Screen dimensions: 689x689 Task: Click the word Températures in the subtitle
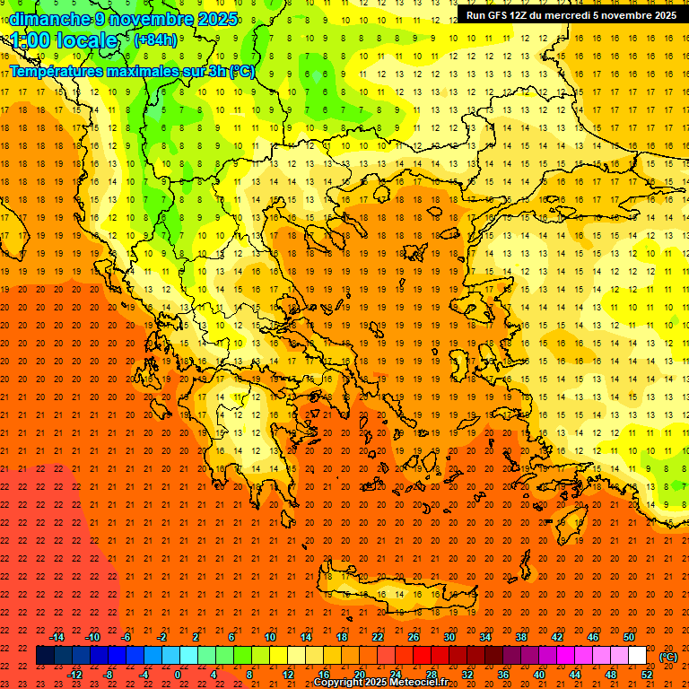click(55, 70)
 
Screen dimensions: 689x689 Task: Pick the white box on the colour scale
click(637, 656)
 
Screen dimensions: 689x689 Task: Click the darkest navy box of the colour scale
click(45, 656)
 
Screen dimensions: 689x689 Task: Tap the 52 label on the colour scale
click(647, 675)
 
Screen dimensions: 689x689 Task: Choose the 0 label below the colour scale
click(178, 675)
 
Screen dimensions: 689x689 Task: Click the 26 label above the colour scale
click(413, 637)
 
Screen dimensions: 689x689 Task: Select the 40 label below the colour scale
click(539, 675)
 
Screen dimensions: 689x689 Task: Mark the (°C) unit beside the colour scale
click(668, 657)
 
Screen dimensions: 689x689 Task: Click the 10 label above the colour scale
click(269, 637)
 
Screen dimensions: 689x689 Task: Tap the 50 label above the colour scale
click(629, 637)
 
